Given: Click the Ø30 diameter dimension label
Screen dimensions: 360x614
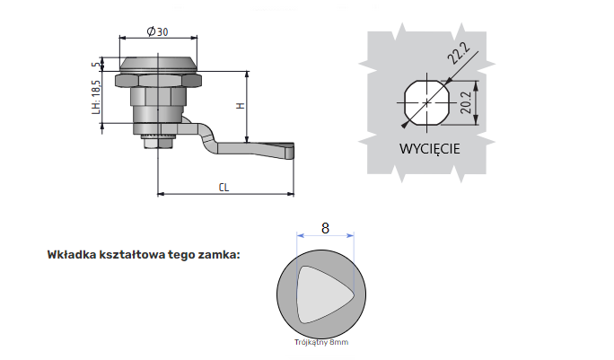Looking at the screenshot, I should pyautogui.click(x=157, y=32).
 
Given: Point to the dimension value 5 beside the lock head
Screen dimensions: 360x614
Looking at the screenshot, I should pyautogui.click(x=95, y=64).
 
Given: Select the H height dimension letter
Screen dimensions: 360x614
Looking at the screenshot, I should pyautogui.click(x=240, y=106).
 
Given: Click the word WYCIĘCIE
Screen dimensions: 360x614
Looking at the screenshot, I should pyautogui.click(x=429, y=148).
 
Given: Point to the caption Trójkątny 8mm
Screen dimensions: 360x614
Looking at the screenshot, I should pyautogui.click(x=320, y=343).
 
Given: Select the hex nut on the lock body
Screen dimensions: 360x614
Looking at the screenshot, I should pyautogui.click(x=158, y=95).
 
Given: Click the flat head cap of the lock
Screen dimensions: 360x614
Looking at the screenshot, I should pyautogui.click(x=158, y=66).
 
